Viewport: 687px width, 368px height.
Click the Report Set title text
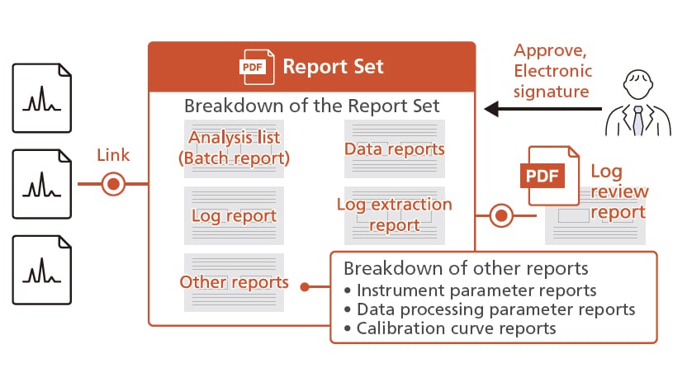coord(333,66)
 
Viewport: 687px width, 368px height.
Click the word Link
coord(113,155)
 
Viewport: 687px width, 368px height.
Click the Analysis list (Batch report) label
coord(234,148)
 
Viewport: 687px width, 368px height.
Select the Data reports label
coord(394,149)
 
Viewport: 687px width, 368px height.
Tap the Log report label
coord(234,216)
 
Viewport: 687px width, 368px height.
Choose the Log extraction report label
coord(394,215)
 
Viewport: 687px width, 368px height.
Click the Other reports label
coord(234,282)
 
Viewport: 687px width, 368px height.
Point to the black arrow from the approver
coord(537,108)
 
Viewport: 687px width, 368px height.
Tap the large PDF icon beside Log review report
coord(547,175)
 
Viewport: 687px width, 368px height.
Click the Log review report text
coord(619,191)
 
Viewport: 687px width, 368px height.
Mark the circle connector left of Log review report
coord(500,216)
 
